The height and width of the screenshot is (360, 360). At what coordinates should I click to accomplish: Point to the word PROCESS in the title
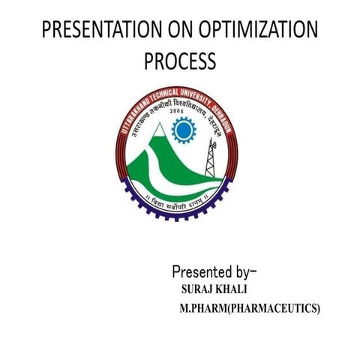coord(180,61)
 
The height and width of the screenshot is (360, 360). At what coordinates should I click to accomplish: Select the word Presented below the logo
coord(203,271)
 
